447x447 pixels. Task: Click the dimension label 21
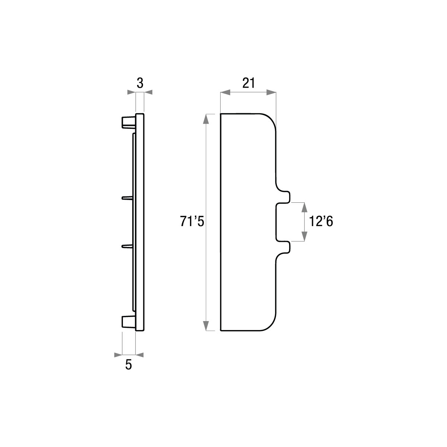click(x=249, y=83)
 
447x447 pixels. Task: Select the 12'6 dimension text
click(x=321, y=221)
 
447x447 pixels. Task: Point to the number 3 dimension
click(x=140, y=83)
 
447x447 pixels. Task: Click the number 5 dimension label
click(x=129, y=365)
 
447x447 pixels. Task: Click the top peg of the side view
click(x=129, y=122)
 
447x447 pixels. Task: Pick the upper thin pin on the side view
click(x=127, y=198)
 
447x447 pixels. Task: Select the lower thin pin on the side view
click(x=127, y=245)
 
